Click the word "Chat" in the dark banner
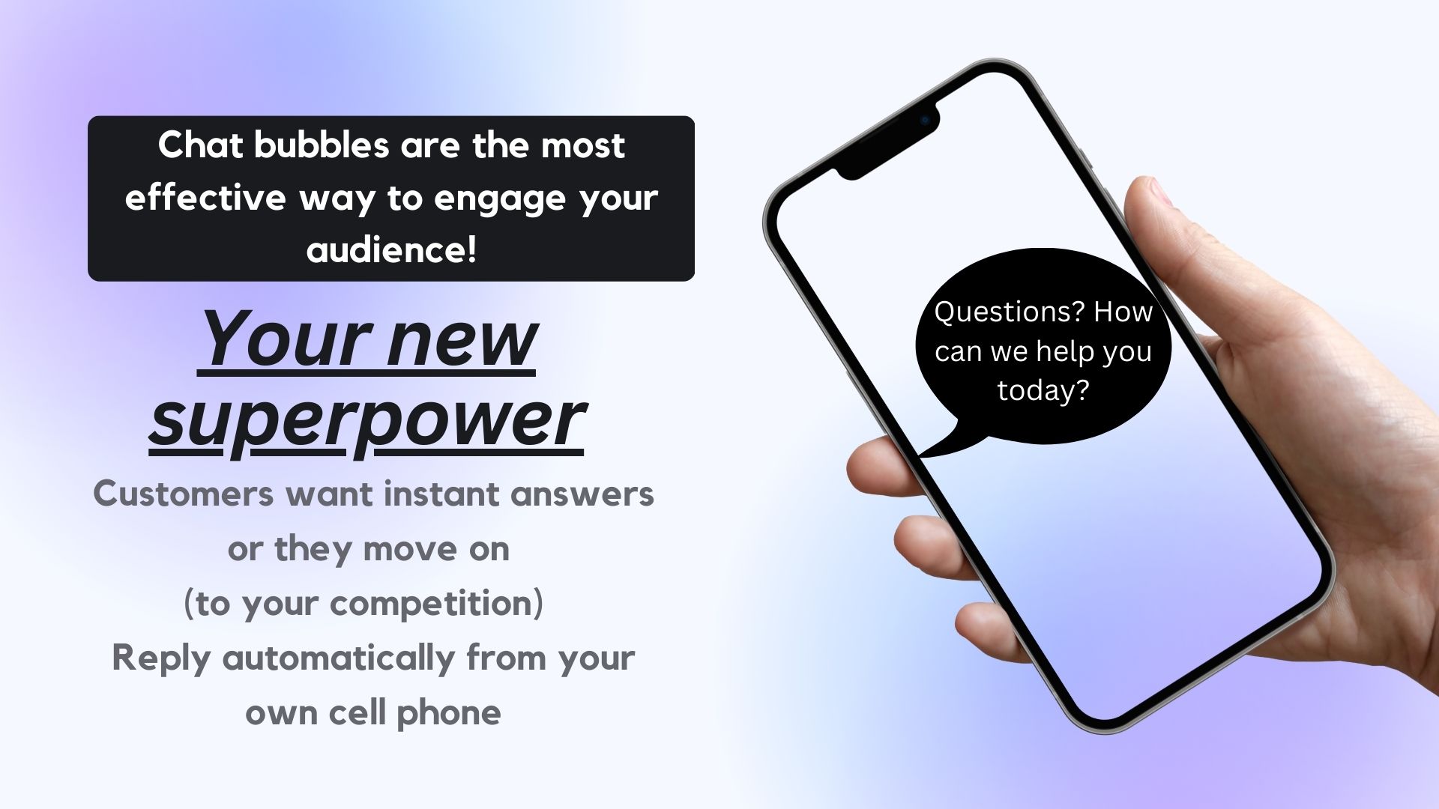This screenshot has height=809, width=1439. pyautogui.click(x=200, y=145)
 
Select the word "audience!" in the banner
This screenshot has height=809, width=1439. pyautogui.click(x=391, y=249)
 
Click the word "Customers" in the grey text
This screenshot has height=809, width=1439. pyautogui.click(x=183, y=494)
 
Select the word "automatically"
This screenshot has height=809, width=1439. pyautogui.click(x=339, y=659)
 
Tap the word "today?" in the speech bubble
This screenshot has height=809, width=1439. pyautogui.click(x=1043, y=390)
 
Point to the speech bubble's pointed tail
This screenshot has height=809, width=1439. pyautogui.click(x=920, y=454)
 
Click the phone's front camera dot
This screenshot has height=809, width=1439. pyautogui.click(x=925, y=120)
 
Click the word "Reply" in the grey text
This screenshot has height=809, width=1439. pyautogui.click(x=160, y=659)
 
